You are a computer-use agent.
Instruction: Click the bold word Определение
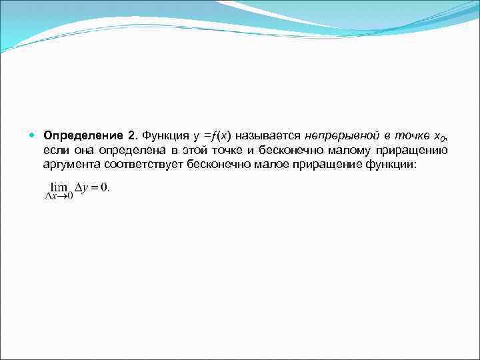click(x=82, y=137)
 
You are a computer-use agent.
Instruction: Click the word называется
click(x=266, y=137)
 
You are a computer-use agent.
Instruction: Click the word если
click(x=55, y=151)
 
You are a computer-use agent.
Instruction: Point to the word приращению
click(x=419, y=151)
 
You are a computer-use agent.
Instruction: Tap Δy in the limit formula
click(x=83, y=188)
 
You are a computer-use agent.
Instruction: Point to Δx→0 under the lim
click(x=59, y=197)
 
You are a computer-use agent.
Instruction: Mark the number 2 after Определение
click(x=131, y=137)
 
